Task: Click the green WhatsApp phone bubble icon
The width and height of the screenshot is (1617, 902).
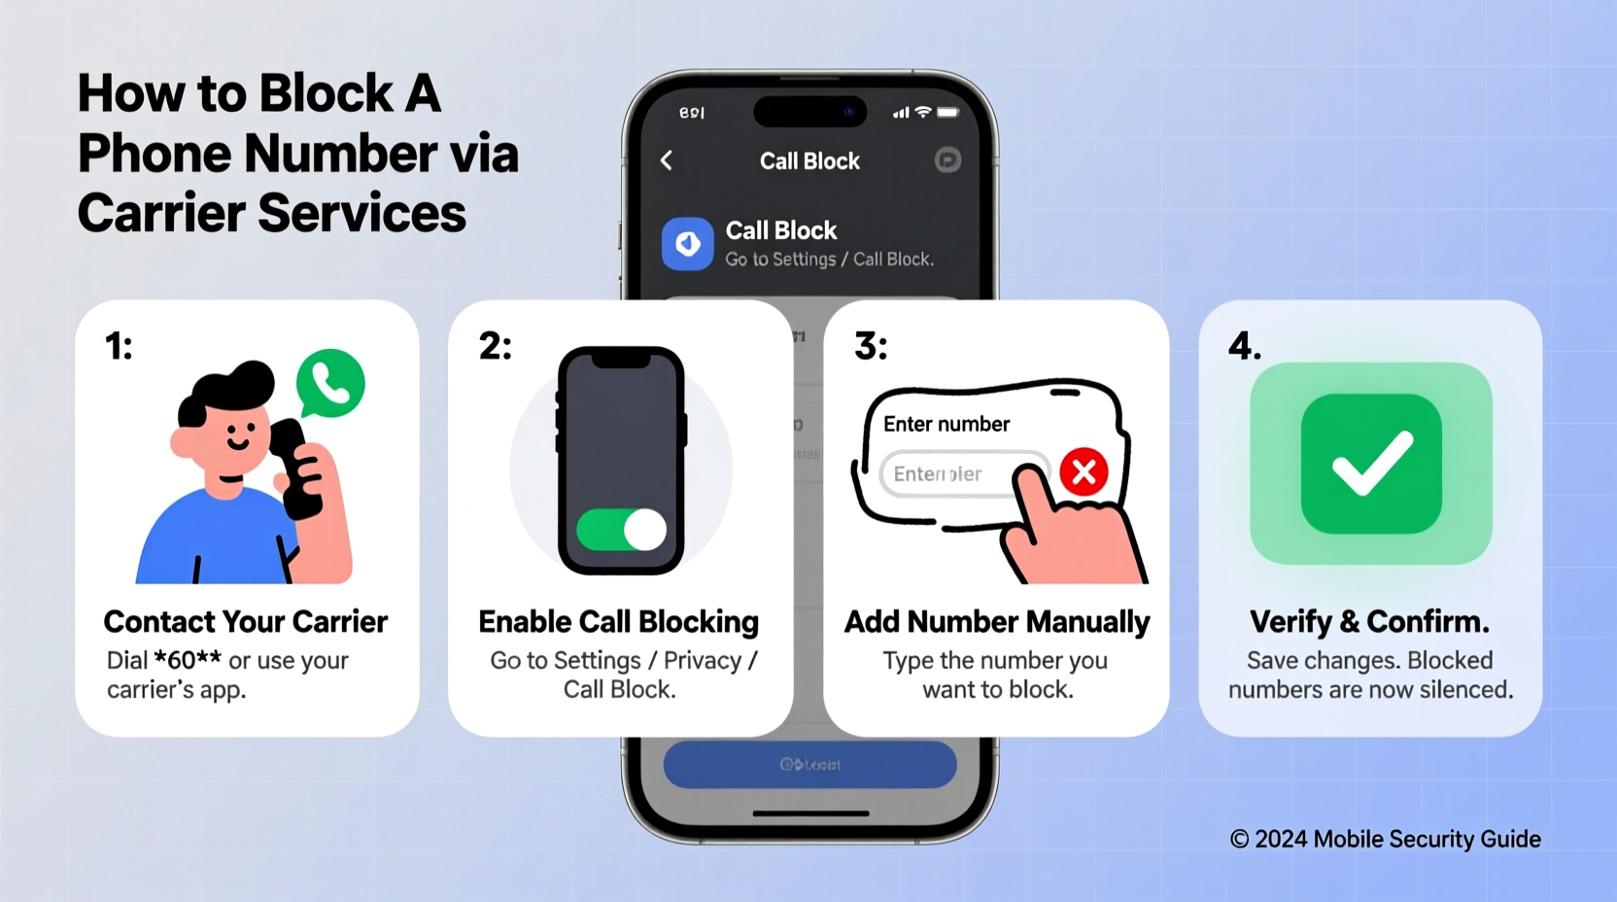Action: pyautogui.click(x=330, y=383)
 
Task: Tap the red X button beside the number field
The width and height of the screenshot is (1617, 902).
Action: pyautogui.click(x=1084, y=472)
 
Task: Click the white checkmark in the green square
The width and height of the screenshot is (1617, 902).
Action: pyautogui.click(x=1371, y=464)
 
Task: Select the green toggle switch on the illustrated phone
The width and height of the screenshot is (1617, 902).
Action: pyautogui.click(x=621, y=530)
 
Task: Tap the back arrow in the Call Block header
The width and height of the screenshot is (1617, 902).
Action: pyautogui.click(x=667, y=160)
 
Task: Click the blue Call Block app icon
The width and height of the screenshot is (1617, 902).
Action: pyautogui.click(x=687, y=243)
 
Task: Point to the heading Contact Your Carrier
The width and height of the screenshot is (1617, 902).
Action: pyautogui.click(x=246, y=621)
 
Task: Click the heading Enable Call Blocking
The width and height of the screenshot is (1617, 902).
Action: pyautogui.click(x=619, y=621)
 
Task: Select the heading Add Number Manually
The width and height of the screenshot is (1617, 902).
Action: pyautogui.click(x=997, y=621)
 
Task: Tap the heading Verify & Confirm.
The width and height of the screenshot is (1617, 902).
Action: pyautogui.click(x=1369, y=621)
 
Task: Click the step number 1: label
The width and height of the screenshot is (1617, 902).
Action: pyautogui.click(x=119, y=346)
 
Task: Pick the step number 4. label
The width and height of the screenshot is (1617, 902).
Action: pyautogui.click(x=1245, y=346)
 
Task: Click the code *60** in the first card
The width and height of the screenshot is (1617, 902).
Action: pyautogui.click(x=188, y=660)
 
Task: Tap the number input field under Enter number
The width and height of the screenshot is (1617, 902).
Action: pyautogui.click(x=947, y=473)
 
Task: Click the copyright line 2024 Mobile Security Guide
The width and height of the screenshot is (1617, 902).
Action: pyautogui.click(x=1386, y=839)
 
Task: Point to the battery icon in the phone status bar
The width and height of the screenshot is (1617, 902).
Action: pyautogui.click(x=948, y=113)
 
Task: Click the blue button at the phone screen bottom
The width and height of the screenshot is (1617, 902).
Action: pyautogui.click(x=809, y=765)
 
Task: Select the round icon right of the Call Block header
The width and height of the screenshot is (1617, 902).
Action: pyautogui.click(x=947, y=160)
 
